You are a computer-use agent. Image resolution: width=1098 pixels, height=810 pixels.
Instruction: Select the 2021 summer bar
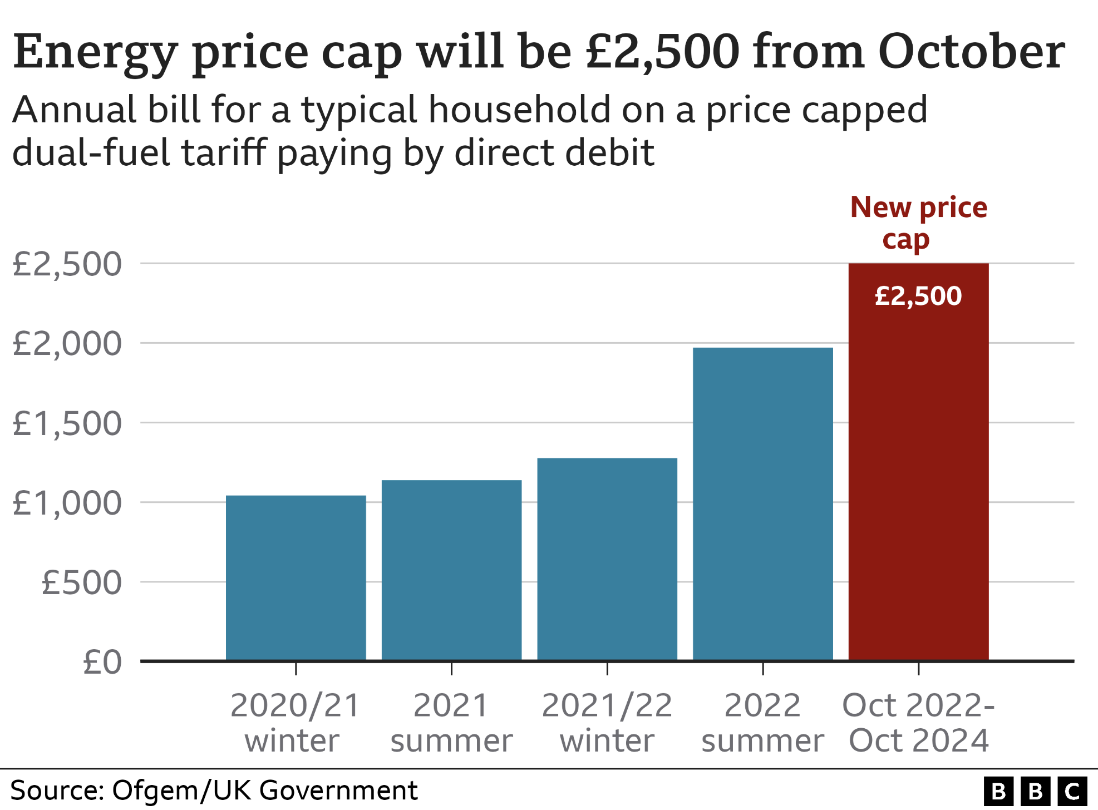pyautogui.click(x=451, y=570)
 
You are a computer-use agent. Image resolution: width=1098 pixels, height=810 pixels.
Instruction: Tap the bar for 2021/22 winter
pyautogui.click(x=607, y=559)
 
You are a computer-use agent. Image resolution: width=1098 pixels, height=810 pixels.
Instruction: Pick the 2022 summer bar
pyautogui.click(x=762, y=503)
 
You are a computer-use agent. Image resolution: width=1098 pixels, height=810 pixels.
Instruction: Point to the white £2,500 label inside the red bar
pyautogui.click(x=918, y=296)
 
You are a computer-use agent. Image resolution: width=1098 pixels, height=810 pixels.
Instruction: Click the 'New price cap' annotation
pyautogui.click(x=918, y=223)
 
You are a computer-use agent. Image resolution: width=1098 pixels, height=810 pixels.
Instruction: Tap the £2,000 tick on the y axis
pyautogui.click(x=67, y=343)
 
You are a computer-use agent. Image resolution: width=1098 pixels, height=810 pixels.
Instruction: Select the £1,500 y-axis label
pyautogui.click(x=67, y=423)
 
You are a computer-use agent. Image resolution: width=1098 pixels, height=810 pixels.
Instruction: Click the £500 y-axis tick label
pyautogui.click(x=81, y=582)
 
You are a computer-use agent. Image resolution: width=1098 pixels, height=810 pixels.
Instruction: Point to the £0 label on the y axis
pyautogui.click(x=102, y=662)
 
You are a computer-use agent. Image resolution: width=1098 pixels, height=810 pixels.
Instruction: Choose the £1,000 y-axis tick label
pyautogui.click(x=67, y=503)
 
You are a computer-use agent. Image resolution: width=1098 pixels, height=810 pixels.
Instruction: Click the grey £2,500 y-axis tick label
pyautogui.click(x=67, y=264)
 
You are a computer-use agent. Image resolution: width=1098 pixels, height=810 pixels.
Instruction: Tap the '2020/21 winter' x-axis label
pyautogui.click(x=295, y=723)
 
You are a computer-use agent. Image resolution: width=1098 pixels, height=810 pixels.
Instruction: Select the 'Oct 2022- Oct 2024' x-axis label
pyautogui.click(x=918, y=723)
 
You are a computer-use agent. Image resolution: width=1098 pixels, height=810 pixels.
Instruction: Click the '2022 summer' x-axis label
pyautogui.click(x=762, y=723)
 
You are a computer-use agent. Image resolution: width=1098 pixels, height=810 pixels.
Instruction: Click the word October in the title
pyautogui.click(x=971, y=52)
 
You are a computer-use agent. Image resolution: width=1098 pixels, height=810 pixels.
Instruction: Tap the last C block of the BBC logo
pyautogui.click(x=1072, y=791)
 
